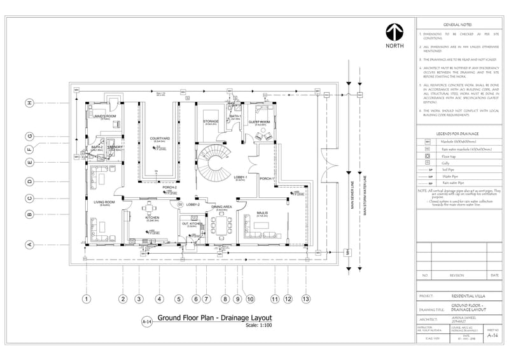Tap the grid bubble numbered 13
click(306, 298)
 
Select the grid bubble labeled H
click(29, 103)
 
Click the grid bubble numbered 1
click(87, 298)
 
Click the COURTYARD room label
click(159, 138)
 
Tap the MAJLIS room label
click(261, 212)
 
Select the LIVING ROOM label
click(104, 202)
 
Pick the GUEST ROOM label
click(261, 121)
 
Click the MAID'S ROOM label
click(106, 116)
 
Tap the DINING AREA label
click(221, 207)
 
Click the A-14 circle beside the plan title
click(146, 322)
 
